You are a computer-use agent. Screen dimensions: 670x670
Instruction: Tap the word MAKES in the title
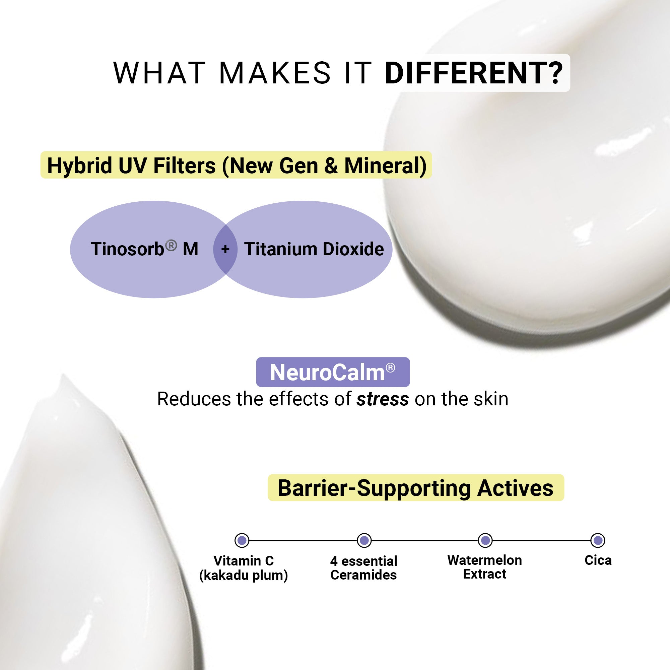point(275,73)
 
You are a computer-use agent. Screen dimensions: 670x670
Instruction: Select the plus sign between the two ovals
point(225,249)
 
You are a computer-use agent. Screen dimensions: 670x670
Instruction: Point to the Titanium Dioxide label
point(314,249)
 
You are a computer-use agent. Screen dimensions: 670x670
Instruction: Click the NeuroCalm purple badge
point(333,372)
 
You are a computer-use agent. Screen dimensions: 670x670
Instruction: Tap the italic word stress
point(383,399)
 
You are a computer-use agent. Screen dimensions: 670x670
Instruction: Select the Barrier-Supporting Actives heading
point(415,488)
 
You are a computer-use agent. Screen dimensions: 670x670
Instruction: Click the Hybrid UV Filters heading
point(236,165)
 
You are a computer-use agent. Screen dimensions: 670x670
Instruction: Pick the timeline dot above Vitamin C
point(242,540)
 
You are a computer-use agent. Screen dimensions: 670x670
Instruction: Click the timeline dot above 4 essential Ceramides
point(364,540)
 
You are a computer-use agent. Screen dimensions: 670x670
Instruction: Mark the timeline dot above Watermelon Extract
point(485,540)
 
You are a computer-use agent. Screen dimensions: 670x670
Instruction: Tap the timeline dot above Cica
point(598,540)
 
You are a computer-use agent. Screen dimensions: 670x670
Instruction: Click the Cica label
point(598,560)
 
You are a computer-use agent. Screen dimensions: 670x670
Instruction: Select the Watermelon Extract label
point(484,567)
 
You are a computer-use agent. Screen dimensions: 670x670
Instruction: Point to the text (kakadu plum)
point(244,575)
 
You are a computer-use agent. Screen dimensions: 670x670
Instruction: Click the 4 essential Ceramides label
point(364,568)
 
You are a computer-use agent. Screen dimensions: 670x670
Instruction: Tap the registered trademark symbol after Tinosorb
point(171,245)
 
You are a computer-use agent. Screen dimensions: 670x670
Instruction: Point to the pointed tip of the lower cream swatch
point(63,375)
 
